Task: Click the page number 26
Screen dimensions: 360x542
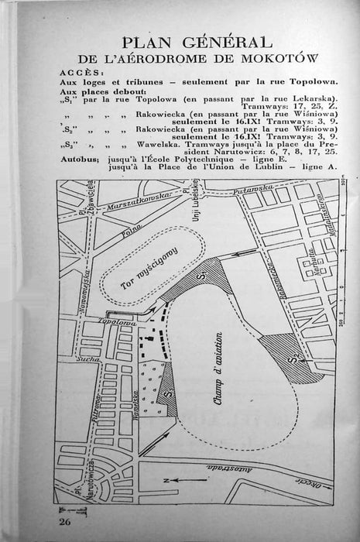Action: pyautogui.click(x=64, y=525)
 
